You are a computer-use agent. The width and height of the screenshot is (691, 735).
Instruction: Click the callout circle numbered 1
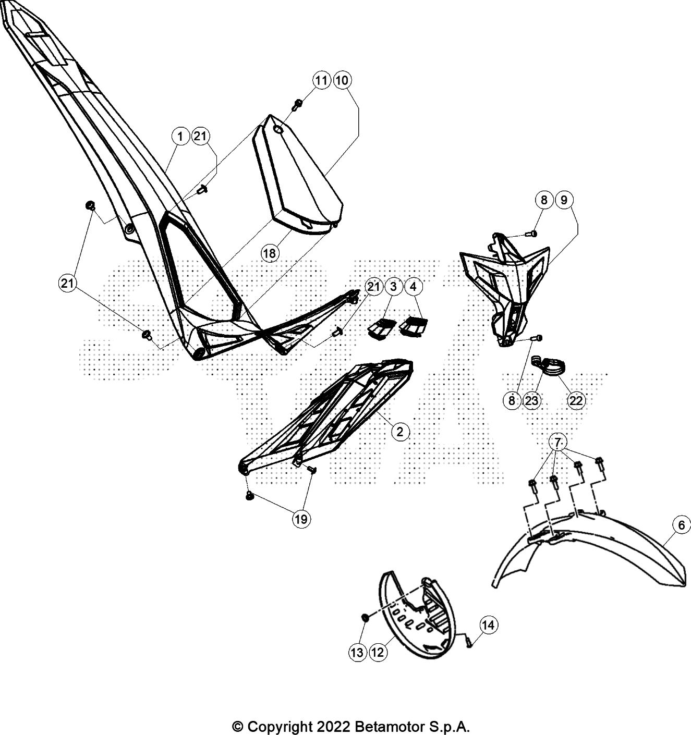coord(180,137)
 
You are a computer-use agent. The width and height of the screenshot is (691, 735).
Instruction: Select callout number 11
coord(322,80)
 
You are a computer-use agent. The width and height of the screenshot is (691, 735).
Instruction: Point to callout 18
coord(270,253)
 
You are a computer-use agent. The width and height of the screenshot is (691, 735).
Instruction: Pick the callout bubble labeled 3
coord(393,286)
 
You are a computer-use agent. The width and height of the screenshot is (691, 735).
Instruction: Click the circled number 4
coord(413,286)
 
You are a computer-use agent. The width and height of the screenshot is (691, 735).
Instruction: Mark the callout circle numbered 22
coord(576,400)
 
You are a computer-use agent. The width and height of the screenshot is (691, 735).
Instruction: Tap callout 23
coord(532,400)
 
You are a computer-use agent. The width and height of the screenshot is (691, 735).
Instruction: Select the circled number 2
coord(400,432)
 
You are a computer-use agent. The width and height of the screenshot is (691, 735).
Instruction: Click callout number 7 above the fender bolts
coord(557,443)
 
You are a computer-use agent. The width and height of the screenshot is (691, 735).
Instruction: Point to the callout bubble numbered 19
coord(301,519)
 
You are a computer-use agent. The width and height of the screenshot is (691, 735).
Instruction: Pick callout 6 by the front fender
coord(681,525)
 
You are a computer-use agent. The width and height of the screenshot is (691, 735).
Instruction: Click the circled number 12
coord(378,652)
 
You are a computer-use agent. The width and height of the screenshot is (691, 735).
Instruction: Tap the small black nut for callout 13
coord(366,617)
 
